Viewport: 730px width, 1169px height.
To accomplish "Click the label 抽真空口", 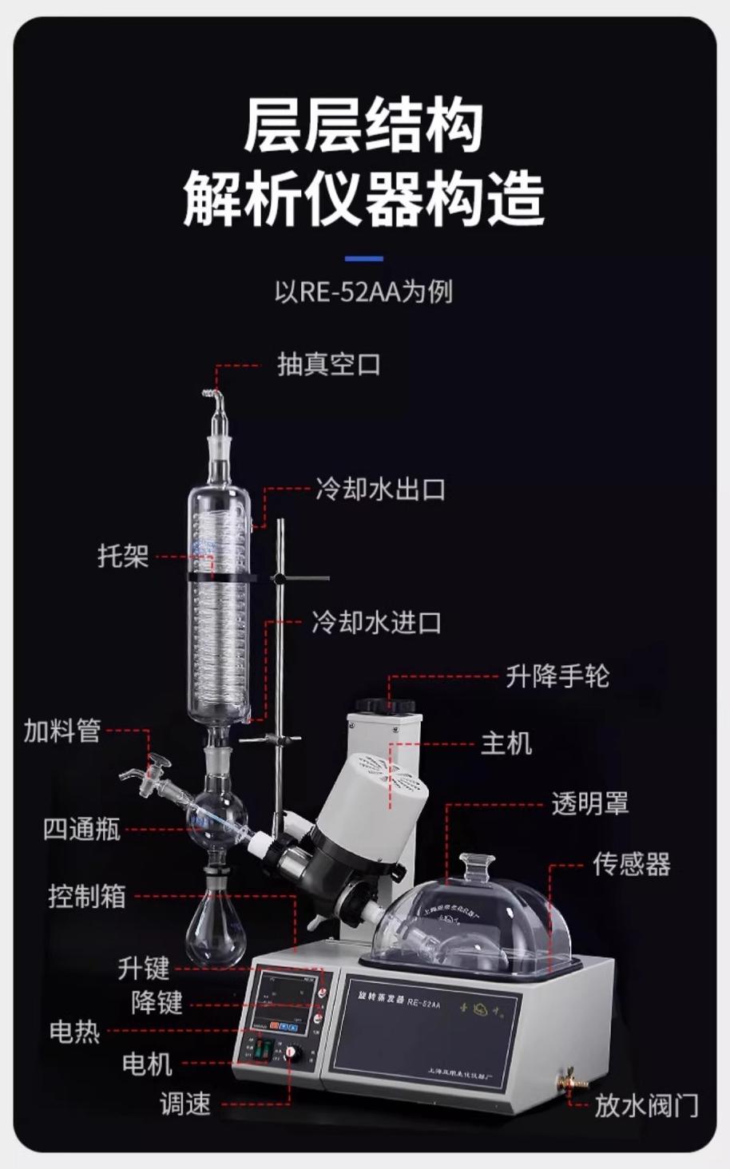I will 328,365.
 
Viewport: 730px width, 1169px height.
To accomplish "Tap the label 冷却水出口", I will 379,489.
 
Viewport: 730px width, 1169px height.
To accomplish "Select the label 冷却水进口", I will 376,623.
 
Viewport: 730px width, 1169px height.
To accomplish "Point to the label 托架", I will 123,556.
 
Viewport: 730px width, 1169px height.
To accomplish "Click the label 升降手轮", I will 557,676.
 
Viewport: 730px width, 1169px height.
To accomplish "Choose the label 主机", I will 506,743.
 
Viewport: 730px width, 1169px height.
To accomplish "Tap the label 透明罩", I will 589,803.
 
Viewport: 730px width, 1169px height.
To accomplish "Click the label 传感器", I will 631,864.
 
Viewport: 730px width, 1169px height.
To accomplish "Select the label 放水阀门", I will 646,1106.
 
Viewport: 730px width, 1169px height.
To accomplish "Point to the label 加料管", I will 62,730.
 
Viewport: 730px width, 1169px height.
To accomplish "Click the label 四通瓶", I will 81,830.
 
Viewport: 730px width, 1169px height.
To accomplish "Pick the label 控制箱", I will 87,896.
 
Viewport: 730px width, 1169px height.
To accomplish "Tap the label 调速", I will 185,1104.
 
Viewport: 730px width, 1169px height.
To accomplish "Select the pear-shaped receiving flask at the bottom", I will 216,928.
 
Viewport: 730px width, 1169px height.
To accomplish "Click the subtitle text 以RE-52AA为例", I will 363,291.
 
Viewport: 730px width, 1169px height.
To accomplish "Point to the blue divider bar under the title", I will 363,259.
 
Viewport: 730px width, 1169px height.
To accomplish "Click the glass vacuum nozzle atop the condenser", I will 214,399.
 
